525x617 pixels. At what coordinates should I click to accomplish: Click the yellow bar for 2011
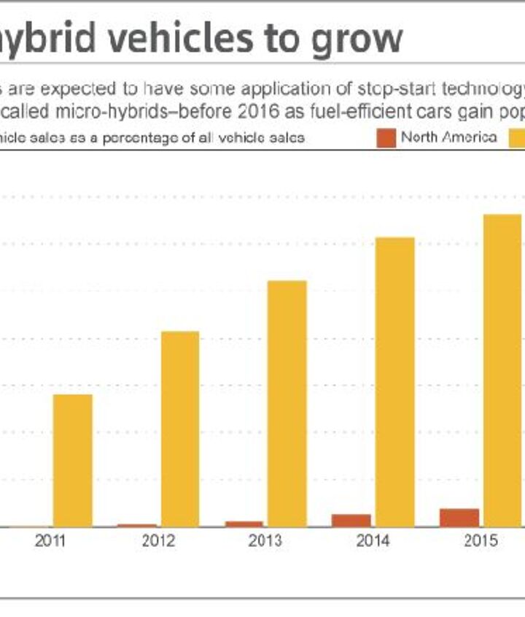point(72,460)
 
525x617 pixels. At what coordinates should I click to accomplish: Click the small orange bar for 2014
point(351,520)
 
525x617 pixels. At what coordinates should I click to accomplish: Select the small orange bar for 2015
point(459,517)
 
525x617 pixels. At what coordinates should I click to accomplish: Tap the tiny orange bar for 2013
point(244,524)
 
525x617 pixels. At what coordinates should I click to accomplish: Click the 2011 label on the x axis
point(50,541)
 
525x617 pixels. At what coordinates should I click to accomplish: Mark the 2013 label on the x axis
point(265,541)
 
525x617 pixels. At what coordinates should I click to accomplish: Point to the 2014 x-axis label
point(373,541)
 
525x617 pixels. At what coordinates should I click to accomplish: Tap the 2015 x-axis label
point(481,541)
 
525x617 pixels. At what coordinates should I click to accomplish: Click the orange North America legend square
point(387,137)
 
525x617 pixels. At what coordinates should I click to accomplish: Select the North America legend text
point(449,137)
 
